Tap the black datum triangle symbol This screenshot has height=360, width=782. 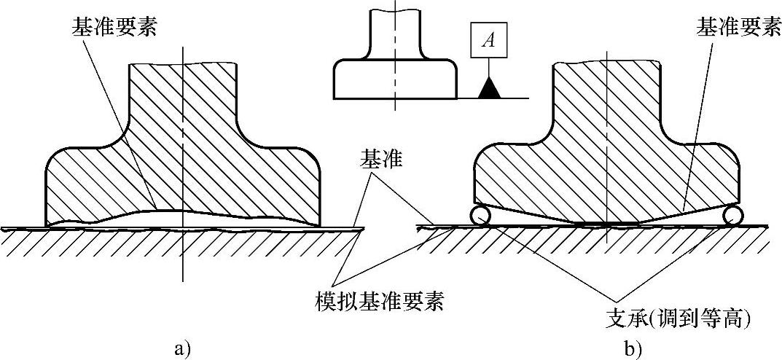click(490, 88)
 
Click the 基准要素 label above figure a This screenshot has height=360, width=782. click(115, 27)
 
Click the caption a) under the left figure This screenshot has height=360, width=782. click(183, 348)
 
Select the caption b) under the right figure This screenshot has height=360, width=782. click(631, 349)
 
